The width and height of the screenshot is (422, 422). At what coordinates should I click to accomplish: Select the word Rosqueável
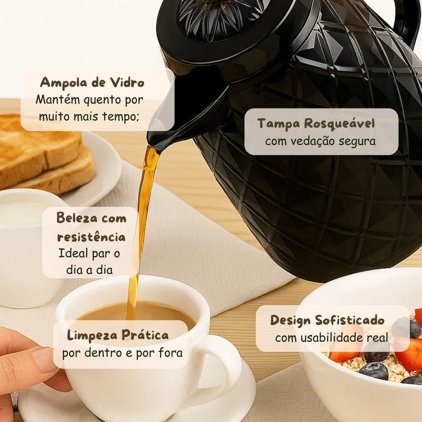pos(339,124)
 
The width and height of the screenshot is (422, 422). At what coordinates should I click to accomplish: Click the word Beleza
pos(73,218)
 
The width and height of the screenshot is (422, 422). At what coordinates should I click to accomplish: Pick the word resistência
pos(91,237)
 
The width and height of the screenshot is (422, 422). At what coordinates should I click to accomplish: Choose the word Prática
pos(145,335)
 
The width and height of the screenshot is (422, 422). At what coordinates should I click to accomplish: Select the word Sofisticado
pos(349,320)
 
